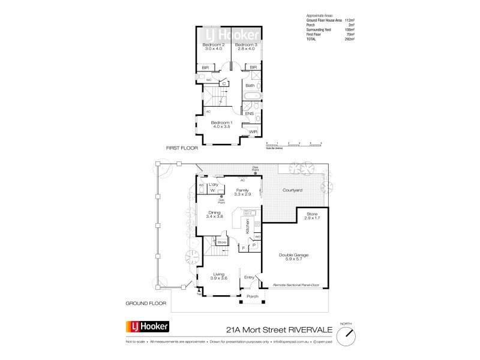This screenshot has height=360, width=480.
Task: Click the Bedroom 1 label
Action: (x=221, y=124)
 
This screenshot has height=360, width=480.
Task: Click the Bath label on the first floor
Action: (x=250, y=86)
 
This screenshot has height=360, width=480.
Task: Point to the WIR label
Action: (x=253, y=131)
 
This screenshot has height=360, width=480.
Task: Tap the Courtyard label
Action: (x=292, y=190)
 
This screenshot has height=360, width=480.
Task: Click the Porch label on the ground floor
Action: (x=253, y=296)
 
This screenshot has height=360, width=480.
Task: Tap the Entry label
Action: (x=250, y=277)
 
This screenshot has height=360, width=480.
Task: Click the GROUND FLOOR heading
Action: (x=145, y=304)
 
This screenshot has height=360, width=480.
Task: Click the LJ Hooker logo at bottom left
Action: (x=147, y=327)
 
